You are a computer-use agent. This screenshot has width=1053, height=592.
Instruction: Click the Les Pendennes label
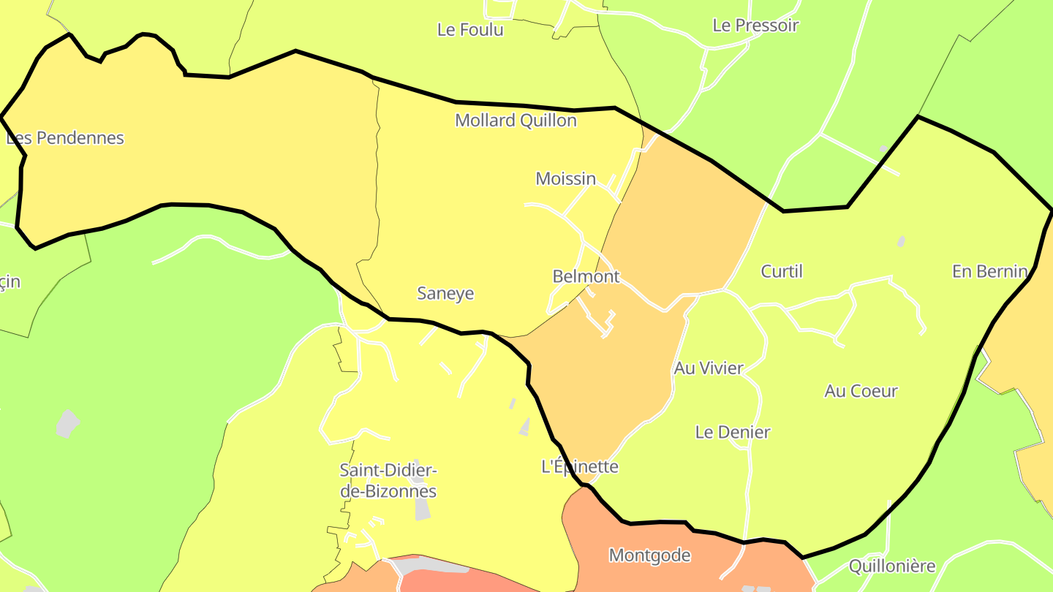click(65, 137)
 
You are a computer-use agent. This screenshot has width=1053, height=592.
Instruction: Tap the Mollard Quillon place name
click(516, 121)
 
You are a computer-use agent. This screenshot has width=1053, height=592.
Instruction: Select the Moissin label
click(565, 178)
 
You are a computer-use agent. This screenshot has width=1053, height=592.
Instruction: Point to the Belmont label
click(586, 276)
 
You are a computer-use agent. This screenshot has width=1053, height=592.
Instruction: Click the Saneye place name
click(445, 293)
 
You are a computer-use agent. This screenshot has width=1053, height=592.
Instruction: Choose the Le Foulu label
click(470, 30)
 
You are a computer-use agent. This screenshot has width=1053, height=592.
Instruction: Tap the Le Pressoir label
click(755, 25)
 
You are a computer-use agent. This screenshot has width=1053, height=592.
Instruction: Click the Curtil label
click(782, 271)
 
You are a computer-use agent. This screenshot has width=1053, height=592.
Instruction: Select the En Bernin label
click(989, 271)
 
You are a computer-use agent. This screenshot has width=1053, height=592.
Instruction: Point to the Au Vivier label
click(708, 368)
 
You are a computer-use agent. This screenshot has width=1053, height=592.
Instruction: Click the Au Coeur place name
click(861, 391)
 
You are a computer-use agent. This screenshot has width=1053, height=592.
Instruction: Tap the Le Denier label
click(732, 432)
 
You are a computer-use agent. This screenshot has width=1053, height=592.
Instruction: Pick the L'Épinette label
click(579, 466)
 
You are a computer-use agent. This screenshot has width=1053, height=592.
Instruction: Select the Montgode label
click(649, 555)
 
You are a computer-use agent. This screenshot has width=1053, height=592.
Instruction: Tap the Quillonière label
click(891, 566)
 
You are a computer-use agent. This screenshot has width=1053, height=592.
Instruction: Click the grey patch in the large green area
click(67, 423)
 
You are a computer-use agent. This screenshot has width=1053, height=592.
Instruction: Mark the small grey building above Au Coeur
click(901, 241)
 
